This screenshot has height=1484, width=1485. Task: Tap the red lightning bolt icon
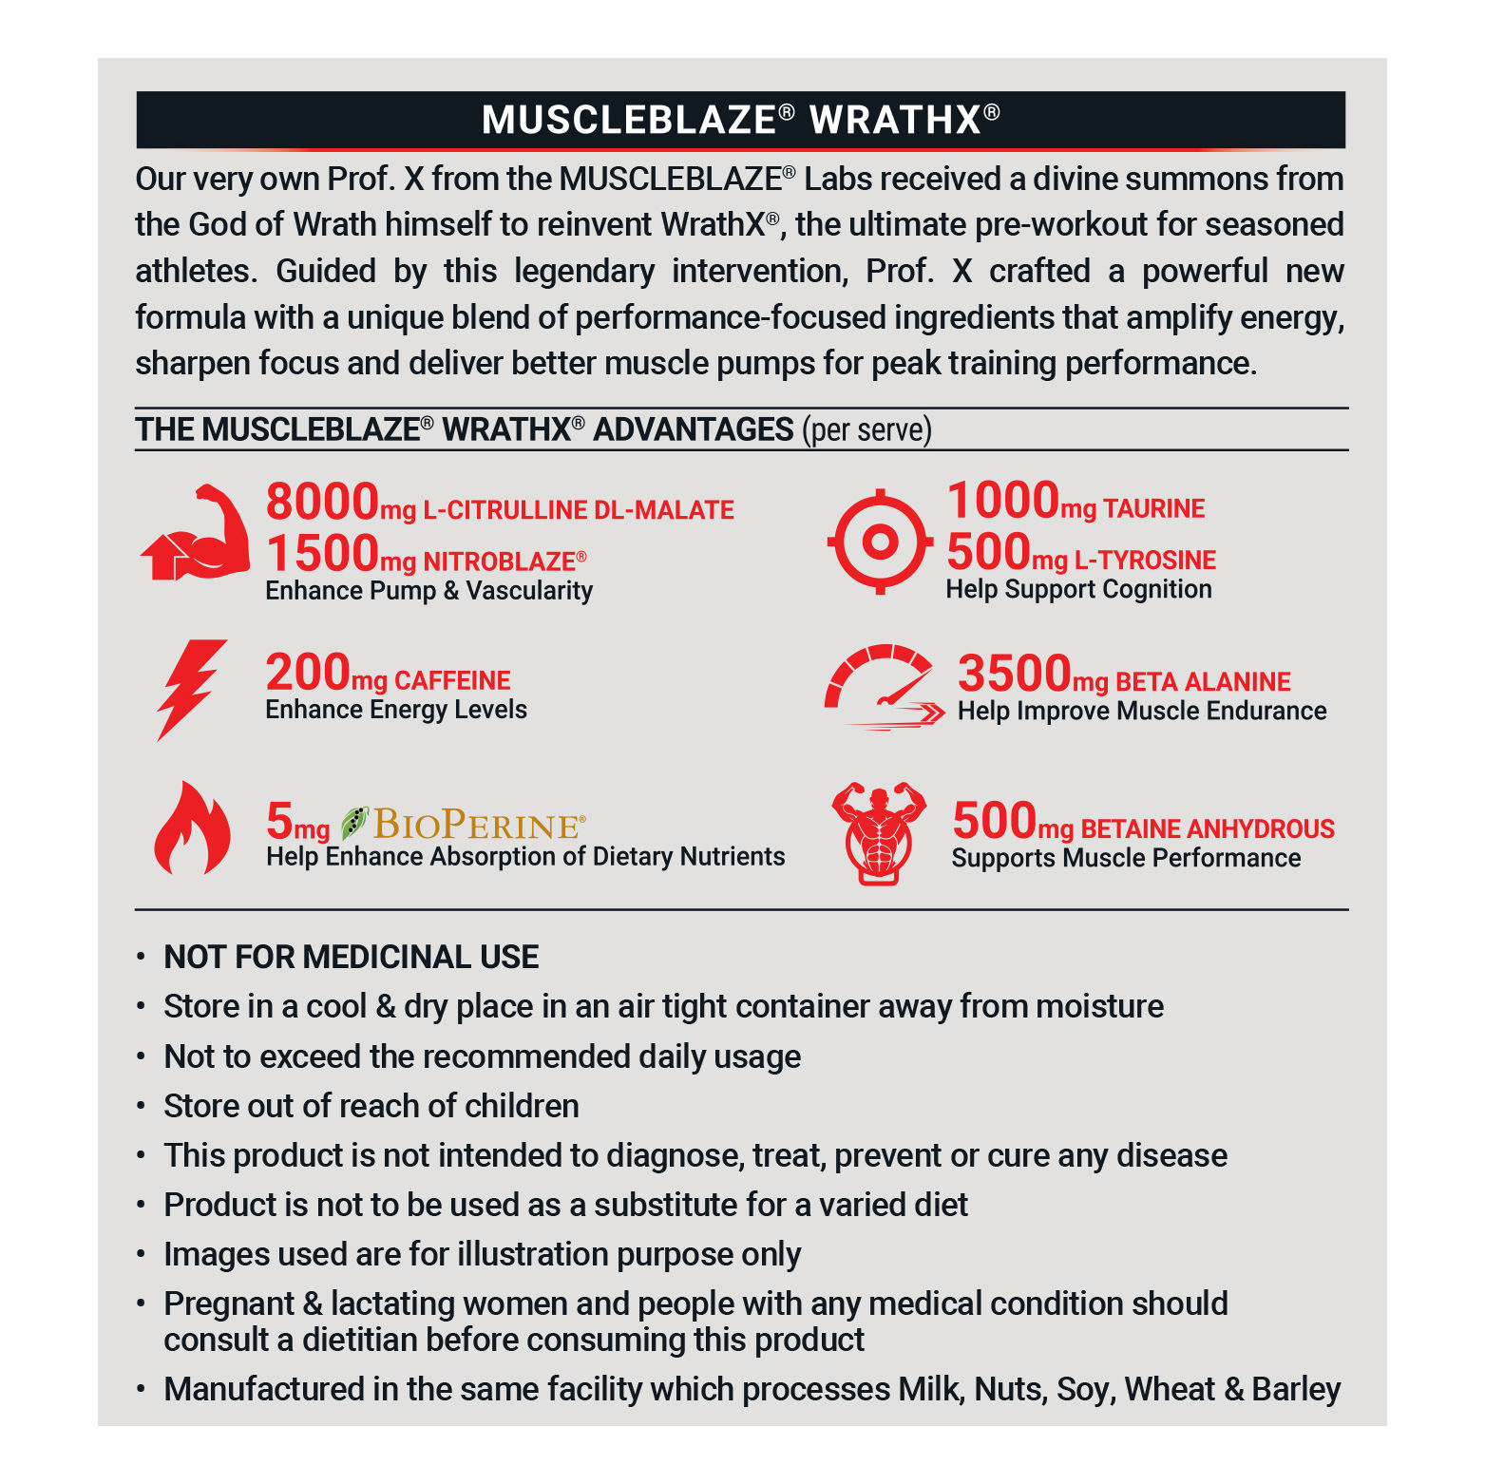(x=191, y=688)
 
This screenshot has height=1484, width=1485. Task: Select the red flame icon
(x=192, y=828)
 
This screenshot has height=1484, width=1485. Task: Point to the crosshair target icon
(x=880, y=542)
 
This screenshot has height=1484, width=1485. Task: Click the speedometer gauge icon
(x=884, y=687)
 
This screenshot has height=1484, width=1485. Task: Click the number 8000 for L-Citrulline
(x=322, y=502)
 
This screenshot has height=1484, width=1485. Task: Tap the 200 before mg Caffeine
(x=308, y=673)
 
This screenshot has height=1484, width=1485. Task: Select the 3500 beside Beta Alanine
(x=1014, y=674)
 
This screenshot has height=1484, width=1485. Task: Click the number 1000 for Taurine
(x=1002, y=501)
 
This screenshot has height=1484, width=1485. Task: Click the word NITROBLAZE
(x=500, y=561)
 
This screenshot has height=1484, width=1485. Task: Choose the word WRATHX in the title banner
(x=894, y=121)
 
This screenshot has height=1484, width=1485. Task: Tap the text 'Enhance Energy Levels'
(x=396, y=710)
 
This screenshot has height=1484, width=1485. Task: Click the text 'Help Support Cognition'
(x=1078, y=589)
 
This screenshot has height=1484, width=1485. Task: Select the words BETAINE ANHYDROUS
(x=1207, y=829)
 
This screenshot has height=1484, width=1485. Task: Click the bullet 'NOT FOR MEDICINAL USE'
(x=351, y=957)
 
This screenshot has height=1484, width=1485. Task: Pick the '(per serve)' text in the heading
(x=866, y=429)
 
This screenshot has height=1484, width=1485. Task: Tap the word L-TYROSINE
(x=1145, y=561)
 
